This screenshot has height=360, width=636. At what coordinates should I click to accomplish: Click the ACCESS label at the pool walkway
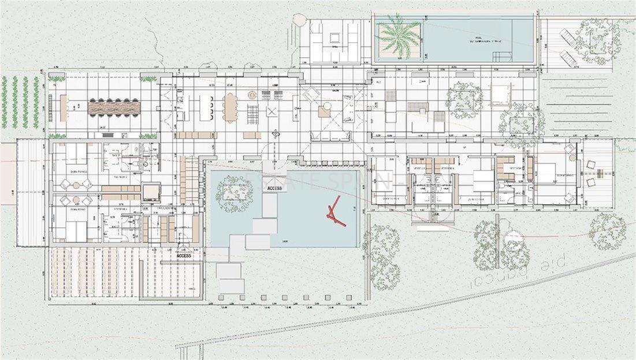pyautogui.click(x=275, y=188)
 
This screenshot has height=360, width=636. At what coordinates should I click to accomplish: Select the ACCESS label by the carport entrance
pyautogui.click(x=184, y=255)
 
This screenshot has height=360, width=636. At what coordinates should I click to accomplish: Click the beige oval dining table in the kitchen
pyautogui.click(x=231, y=108)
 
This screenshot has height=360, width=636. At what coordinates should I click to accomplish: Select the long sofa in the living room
pyautogui.click(x=330, y=137)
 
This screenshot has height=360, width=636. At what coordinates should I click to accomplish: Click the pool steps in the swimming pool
pyautogui.click(x=501, y=56)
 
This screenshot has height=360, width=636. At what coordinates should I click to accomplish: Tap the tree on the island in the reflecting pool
pyautogui.click(x=234, y=190)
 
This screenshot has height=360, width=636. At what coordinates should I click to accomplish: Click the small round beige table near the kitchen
pyautogui.click(x=252, y=95)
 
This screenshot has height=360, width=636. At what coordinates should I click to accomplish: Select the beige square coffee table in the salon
pyautogui.click(x=325, y=112)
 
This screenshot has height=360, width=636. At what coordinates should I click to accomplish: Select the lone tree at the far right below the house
pyautogui.click(x=607, y=231)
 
